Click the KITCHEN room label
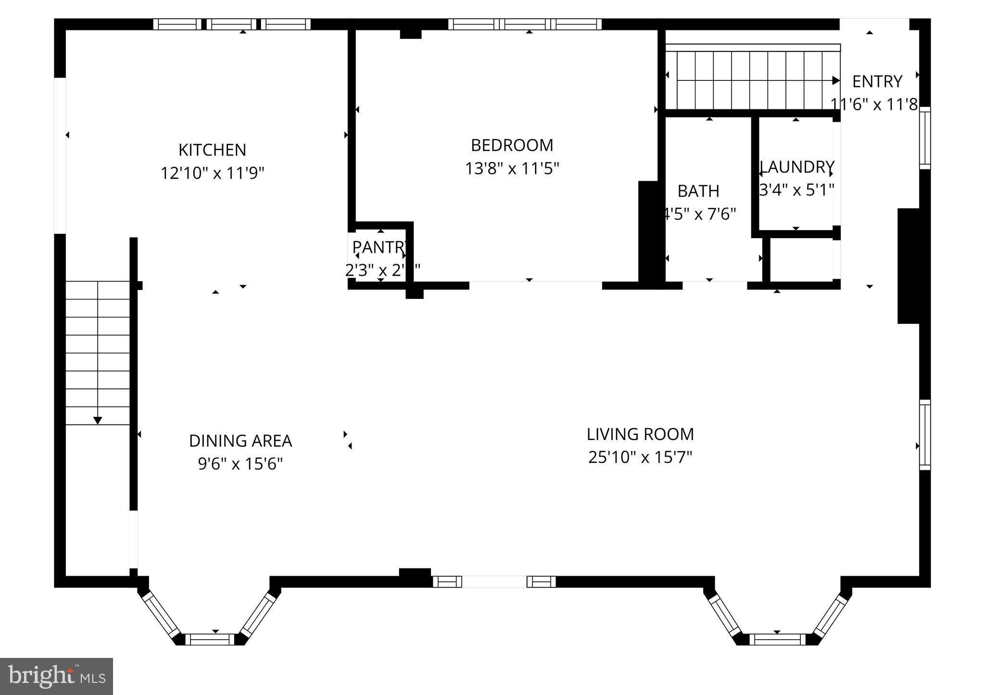tap(212, 150)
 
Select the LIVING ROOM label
tap(640, 435)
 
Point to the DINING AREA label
tap(240, 441)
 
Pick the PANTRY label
tap(379, 247)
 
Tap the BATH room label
tap(698, 191)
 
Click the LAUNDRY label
tap(797, 167)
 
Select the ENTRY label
tap(877, 82)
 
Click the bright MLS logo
tap(57, 676)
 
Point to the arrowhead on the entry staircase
tap(836, 80)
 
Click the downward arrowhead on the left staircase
tap(98, 421)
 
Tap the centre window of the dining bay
tap(210, 639)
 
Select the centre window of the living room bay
tap(777, 639)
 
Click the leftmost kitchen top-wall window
tap(177, 24)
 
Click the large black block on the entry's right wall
tap(909, 266)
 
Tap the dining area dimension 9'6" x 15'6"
tap(240, 464)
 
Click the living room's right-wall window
tap(925, 435)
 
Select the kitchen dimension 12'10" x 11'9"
tap(212, 173)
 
